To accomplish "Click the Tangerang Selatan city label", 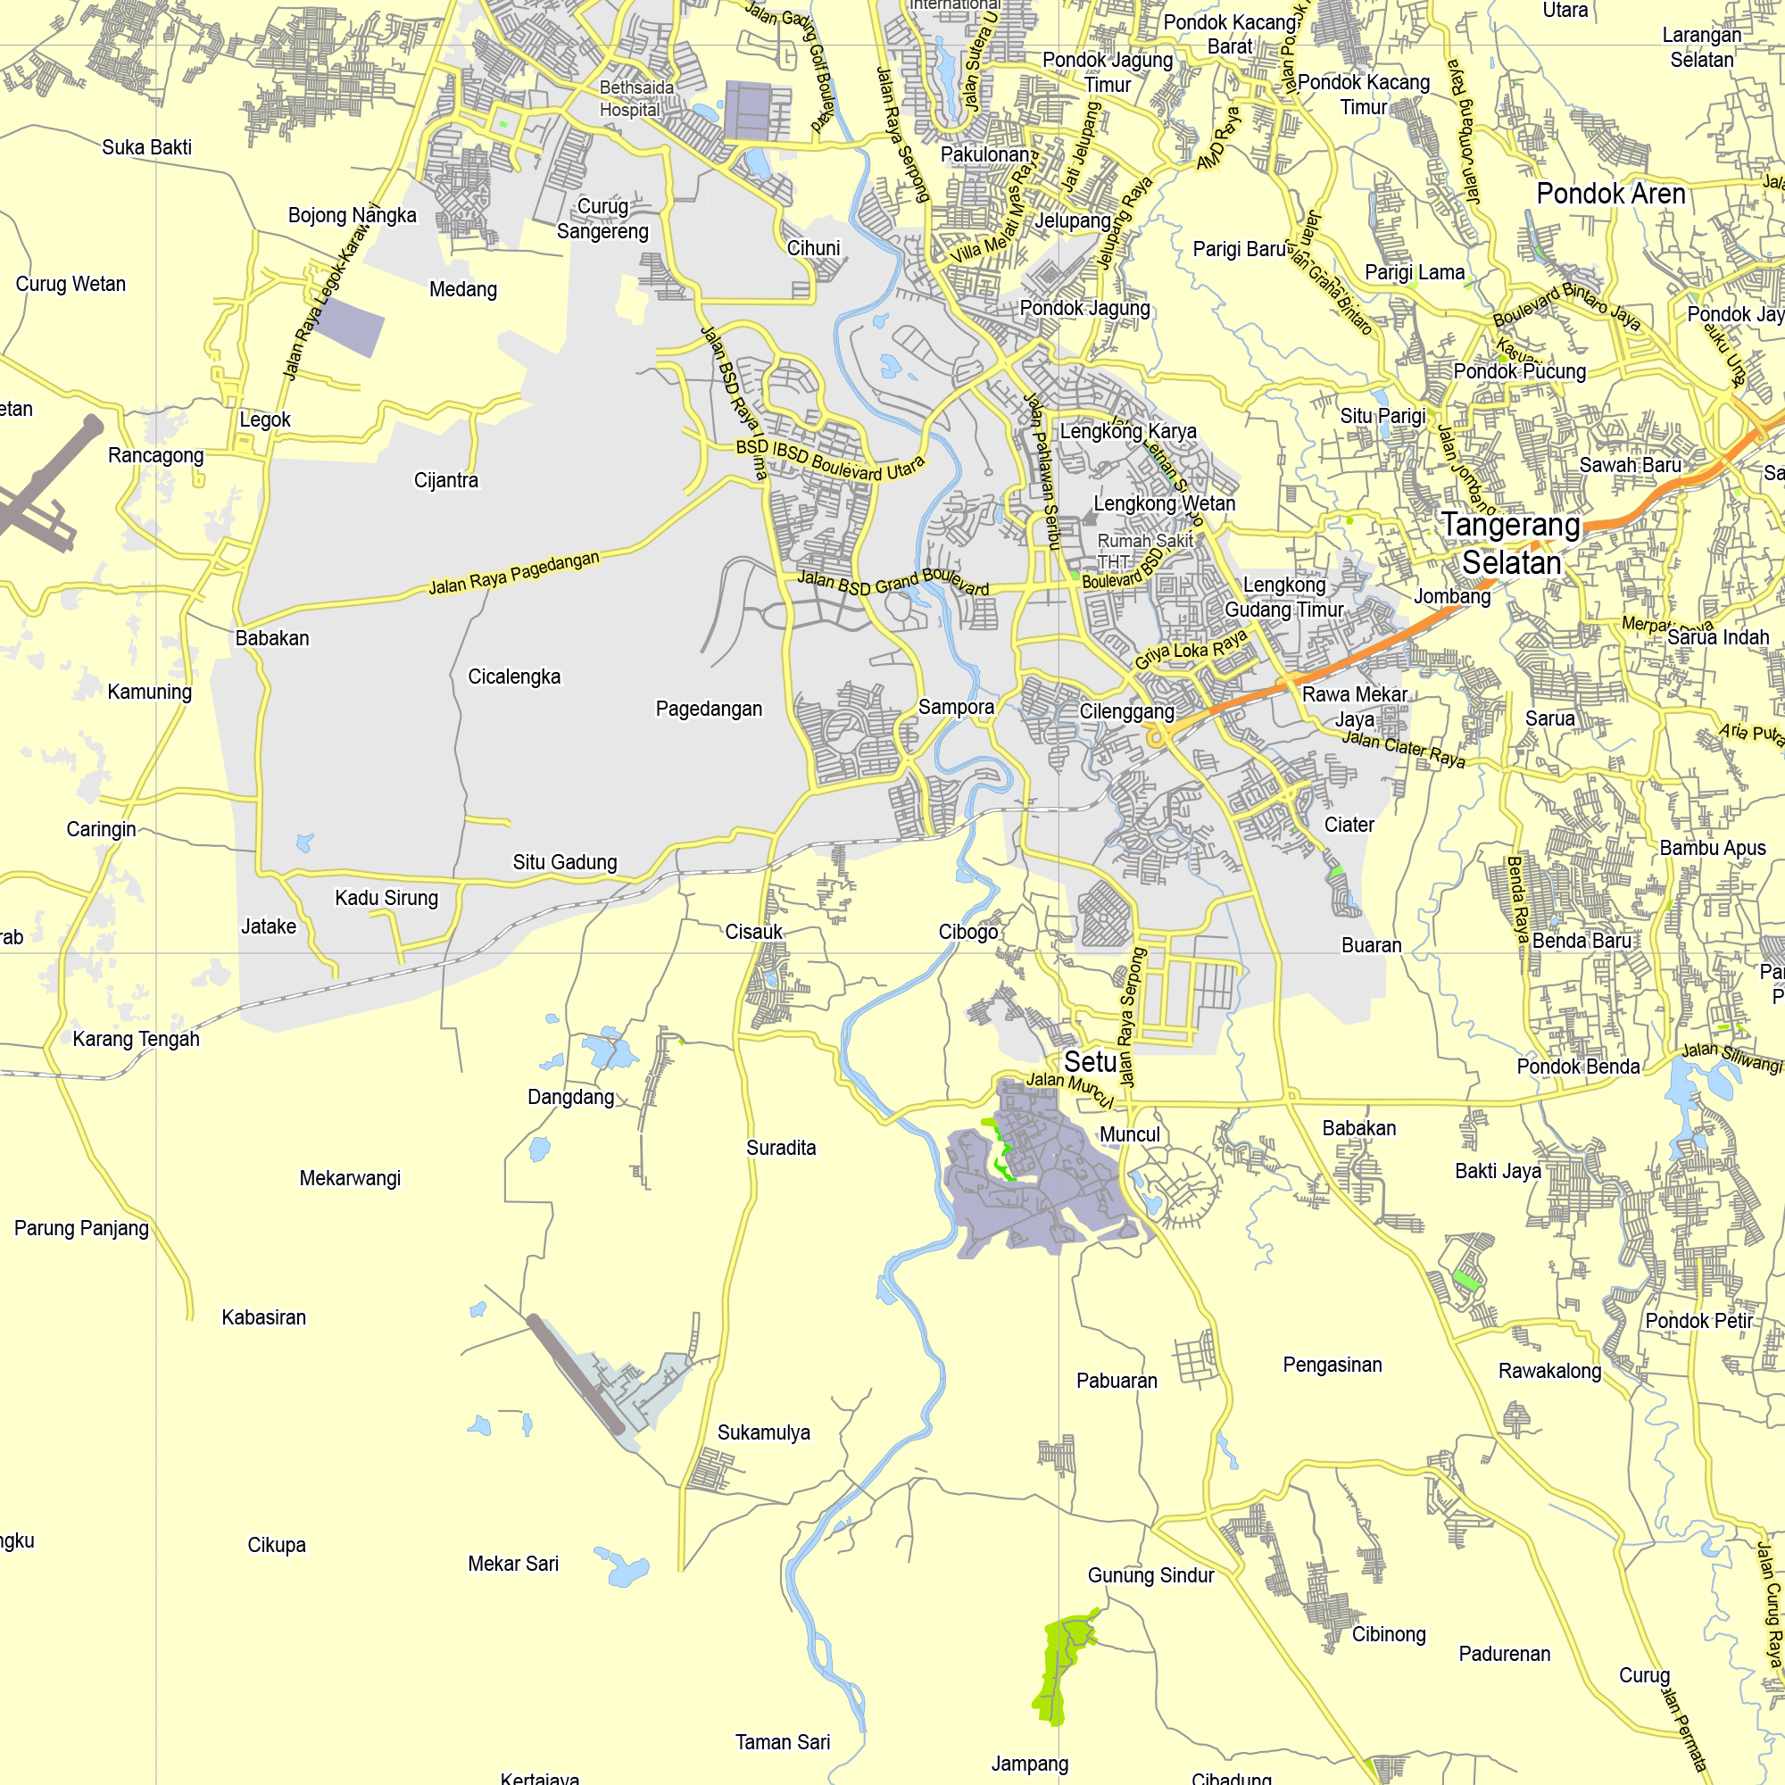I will (1511, 544).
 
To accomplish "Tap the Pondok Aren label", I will (1610, 194).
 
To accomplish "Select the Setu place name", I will (1091, 1061).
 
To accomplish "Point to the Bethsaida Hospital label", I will (635, 99).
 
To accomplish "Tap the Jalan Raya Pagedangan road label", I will (514, 573).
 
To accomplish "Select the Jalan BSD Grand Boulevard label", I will (892, 582).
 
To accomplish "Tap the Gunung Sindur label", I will (1150, 1575).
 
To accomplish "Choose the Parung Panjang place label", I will (81, 1228).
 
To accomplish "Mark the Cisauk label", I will (753, 931).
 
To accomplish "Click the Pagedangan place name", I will (709, 709).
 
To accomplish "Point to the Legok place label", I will (265, 419).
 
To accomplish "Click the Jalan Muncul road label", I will (1069, 1087).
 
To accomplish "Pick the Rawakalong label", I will (1549, 1371).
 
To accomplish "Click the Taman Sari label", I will (783, 1741).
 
